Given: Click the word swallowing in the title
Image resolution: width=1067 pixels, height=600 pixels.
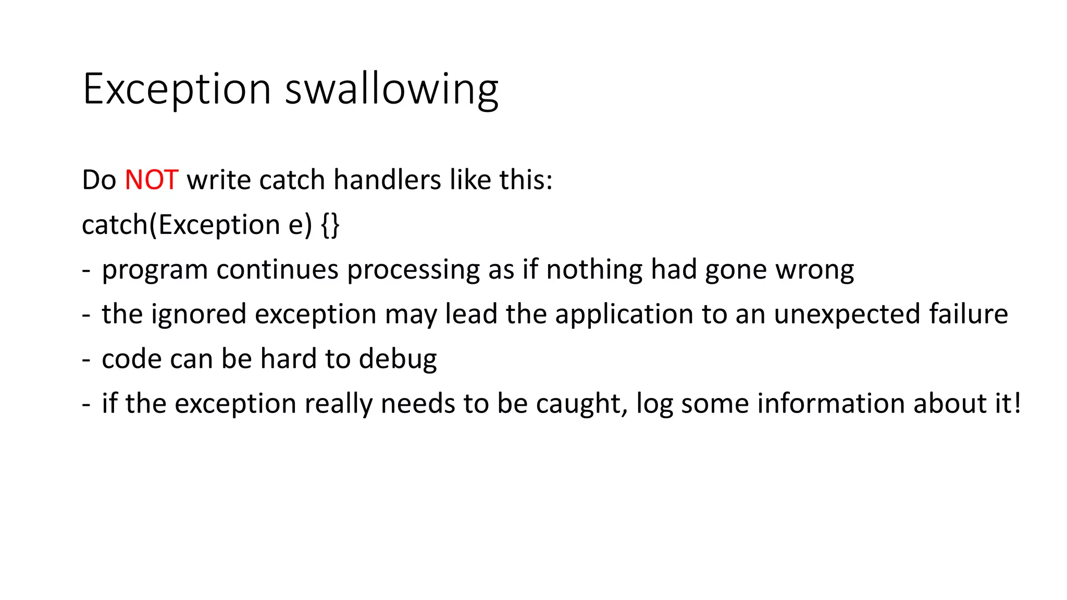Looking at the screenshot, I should point(392,90).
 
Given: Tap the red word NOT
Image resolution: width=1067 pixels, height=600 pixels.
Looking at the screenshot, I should point(152,180).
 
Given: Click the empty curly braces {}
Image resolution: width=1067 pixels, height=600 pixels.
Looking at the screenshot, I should point(330,225).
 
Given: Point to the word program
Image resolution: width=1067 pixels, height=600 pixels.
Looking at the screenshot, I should point(155,270).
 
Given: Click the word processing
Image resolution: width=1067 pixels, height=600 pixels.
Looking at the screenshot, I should point(413,270).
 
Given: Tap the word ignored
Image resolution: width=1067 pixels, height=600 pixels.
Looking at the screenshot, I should point(198,315).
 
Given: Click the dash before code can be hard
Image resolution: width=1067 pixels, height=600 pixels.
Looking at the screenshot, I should point(86,360).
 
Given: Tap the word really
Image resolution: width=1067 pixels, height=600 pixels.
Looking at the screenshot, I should point(338,404).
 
